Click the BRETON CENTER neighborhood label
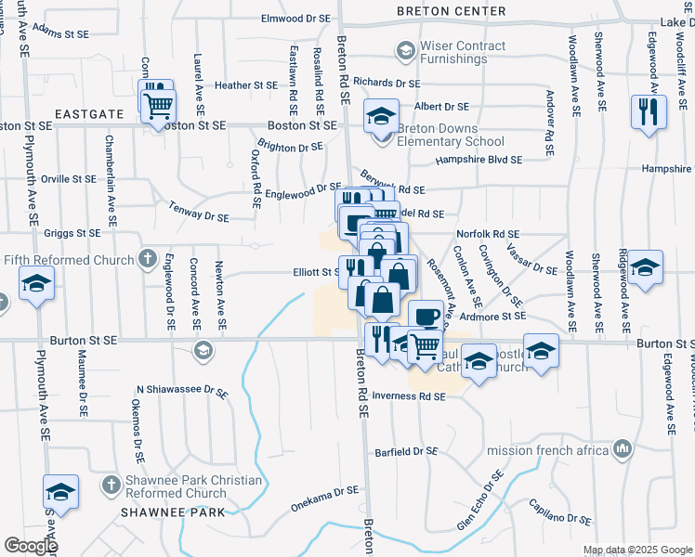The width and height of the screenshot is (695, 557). (451, 11)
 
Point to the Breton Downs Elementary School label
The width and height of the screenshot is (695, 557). (451, 136)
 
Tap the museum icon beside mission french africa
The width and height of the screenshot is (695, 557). (622, 450)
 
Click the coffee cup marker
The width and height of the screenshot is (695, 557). (426, 316)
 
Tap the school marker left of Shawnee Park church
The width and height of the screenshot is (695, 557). (60, 491)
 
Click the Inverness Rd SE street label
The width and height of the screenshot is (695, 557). (409, 396)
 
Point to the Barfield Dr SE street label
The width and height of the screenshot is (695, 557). (405, 451)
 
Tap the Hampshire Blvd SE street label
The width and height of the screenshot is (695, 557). (479, 160)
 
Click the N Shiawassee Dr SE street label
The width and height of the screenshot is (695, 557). (182, 391)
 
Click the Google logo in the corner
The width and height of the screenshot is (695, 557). (31, 546)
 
